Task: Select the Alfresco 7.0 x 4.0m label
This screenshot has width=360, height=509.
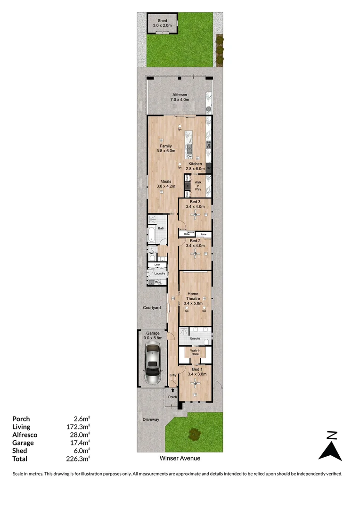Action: pyautogui.click(x=180, y=97)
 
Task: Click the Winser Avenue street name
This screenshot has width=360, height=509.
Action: pyautogui.click(x=180, y=458)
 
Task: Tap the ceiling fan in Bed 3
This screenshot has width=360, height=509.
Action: pyautogui.click(x=195, y=214)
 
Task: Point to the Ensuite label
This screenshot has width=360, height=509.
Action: pyautogui.click(x=195, y=338)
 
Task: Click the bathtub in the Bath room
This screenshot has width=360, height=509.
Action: pyautogui.click(x=152, y=235)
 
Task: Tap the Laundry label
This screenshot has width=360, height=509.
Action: pyautogui.click(x=159, y=273)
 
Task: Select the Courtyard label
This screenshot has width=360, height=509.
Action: pyautogui.click(x=152, y=308)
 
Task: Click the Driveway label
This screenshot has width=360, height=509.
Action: pyautogui.click(x=151, y=419)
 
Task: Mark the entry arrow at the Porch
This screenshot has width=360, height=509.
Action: pyautogui.click(x=172, y=390)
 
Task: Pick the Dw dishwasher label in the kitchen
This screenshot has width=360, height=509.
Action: pyautogui.click(x=189, y=156)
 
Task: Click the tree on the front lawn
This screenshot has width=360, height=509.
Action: pyautogui.click(x=194, y=433)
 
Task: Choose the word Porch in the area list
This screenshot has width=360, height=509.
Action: pyautogui.click(x=21, y=419)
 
